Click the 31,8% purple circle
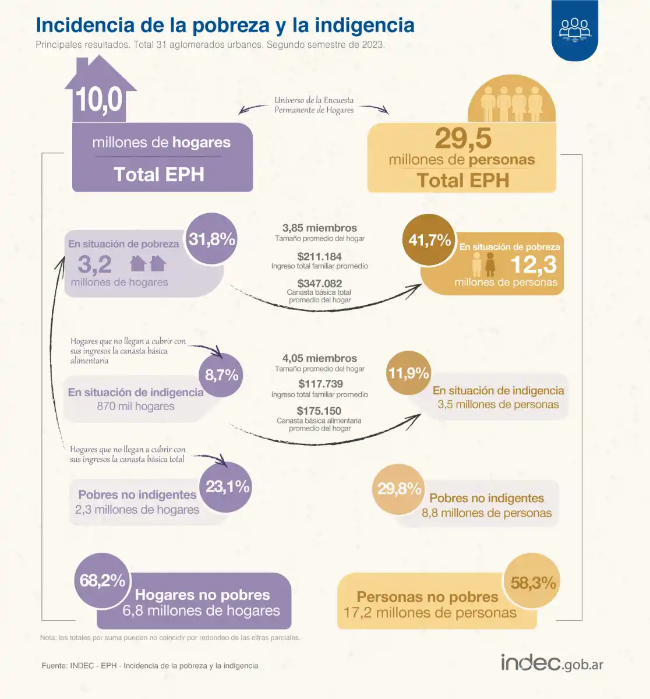coord(212,239)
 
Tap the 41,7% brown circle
coord(430,240)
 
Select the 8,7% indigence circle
coord(221,375)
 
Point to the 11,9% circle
coord(408,373)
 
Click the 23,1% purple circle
coord(227,486)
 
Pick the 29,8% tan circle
coord(399,489)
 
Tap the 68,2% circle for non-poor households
coord(103,580)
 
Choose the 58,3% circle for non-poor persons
coord(532,582)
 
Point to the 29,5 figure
coord(463,139)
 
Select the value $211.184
coord(319,256)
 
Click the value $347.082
coord(319,284)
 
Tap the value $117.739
coord(320,384)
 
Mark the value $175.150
coord(319,411)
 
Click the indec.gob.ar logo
coord(552,663)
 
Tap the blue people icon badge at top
coord(574,29)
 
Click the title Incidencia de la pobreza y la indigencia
coord(225,25)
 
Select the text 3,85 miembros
coord(319,228)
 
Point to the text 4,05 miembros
coord(319,358)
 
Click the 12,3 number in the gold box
coord(533,265)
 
